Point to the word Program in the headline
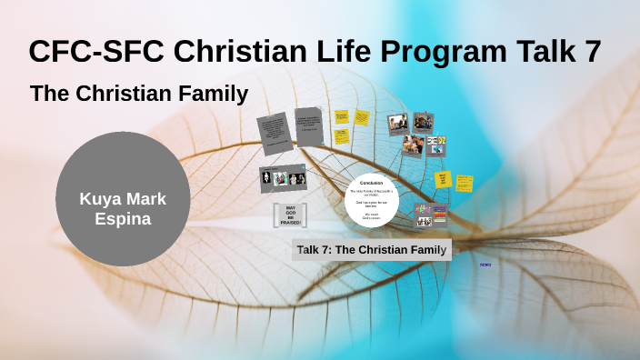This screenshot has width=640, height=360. point(446,52)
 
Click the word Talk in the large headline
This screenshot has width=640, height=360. point(546,52)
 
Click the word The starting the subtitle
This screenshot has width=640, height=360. point(51,94)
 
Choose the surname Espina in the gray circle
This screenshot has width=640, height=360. point(123,219)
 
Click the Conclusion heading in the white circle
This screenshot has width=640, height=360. point(371,183)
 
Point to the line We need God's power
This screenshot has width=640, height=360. point(371,216)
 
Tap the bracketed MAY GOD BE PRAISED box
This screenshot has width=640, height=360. point(291,215)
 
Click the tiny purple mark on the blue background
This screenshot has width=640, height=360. point(485,265)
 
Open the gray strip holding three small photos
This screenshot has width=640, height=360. point(283,178)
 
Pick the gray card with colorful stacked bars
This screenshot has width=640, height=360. point(431,215)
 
